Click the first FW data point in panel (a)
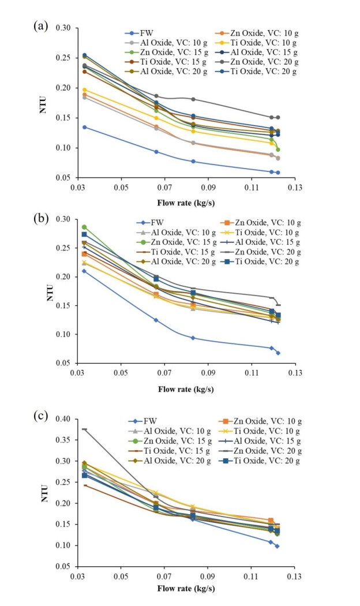(x=85, y=127)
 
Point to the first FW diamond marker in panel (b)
(x=85, y=271)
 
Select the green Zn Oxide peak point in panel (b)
(x=84, y=227)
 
